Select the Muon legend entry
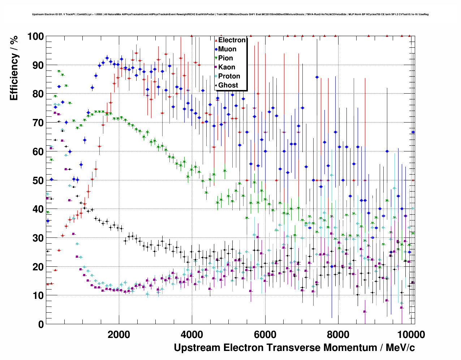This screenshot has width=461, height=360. (x=227, y=49)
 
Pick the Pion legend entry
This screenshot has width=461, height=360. (x=225, y=58)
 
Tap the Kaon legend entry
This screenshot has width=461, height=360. (x=227, y=67)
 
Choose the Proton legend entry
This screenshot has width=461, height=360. (x=229, y=76)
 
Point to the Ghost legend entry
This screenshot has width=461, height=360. (x=228, y=85)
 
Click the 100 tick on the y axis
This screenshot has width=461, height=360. (x=47, y=36)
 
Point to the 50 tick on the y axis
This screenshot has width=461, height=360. (x=47, y=180)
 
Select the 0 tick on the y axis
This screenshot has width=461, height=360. (x=47, y=324)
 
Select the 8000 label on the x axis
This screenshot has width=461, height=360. (x=338, y=335)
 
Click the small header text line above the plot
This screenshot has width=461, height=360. (x=230, y=14)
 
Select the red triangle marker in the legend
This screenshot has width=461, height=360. (x=216, y=40)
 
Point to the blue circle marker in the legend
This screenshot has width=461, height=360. (x=216, y=49)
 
